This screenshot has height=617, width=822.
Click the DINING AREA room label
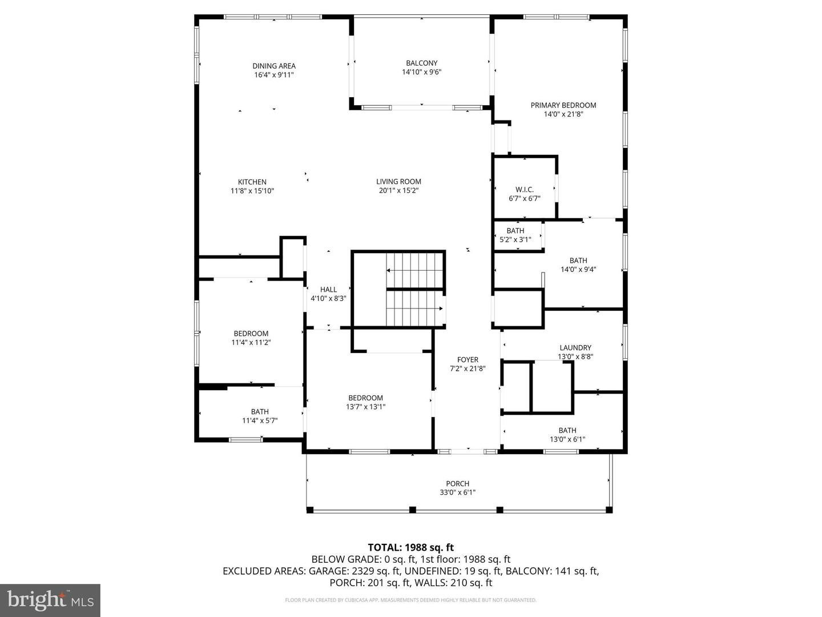pyautogui.click(x=274, y=66)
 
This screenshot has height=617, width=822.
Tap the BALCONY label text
pyautogui.click(x=421, y=63)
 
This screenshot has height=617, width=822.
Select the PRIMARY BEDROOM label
pyautogui.click(x=563, y=105)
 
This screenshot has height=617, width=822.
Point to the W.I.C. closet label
pyautogui.click(x=524, y=189)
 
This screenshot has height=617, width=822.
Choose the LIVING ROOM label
pyautogui.click(x=398, y=182)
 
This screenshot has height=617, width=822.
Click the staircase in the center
pyautogui.click(x=415, y=289)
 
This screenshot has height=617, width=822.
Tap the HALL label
pyautogui.click(x=328, y=290)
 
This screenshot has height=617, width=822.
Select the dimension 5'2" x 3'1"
pyautogui.click(x=515, y=240)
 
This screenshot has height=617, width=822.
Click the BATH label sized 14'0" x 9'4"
pyautogui.click(x=578, y=261)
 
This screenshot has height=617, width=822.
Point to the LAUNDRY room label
pyautogui.click(x=575, y=347)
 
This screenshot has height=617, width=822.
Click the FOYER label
pyautogui.click(x=468, y=359)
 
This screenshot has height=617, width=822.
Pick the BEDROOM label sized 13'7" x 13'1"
pyautogui.click(x=365, y=398)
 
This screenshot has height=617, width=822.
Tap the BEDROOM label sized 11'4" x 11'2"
pyautogui.click(x=251, y=334)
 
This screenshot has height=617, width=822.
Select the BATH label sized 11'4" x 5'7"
pyautogui.click(x=260, y=411)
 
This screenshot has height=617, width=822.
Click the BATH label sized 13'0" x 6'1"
pyautogui.click(x=567, y=430)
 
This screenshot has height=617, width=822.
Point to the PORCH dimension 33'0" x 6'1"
pyautogui.click(x=457, y=492)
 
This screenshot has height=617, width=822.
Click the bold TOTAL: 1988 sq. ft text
pyautogui.click(x=410, y=547)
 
